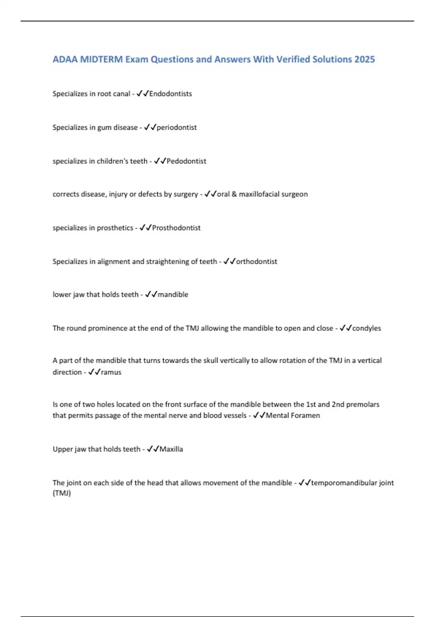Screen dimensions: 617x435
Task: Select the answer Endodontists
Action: coord(170,94)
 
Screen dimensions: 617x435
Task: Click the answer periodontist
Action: coord(177,127)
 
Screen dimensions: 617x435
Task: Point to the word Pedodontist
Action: coord(186,161)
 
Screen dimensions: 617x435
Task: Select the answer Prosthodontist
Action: coord(176,228)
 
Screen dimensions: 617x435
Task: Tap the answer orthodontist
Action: coord(257,261)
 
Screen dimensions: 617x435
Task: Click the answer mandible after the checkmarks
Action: coord(173,294)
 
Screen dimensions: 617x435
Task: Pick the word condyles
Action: coord(366,328)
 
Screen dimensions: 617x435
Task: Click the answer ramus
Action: coord(111,372)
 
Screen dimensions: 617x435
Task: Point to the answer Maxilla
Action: coord(171,449)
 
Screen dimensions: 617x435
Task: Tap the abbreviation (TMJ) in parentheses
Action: coord(62,493)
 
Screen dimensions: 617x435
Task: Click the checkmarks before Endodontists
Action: coord(142,94)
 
